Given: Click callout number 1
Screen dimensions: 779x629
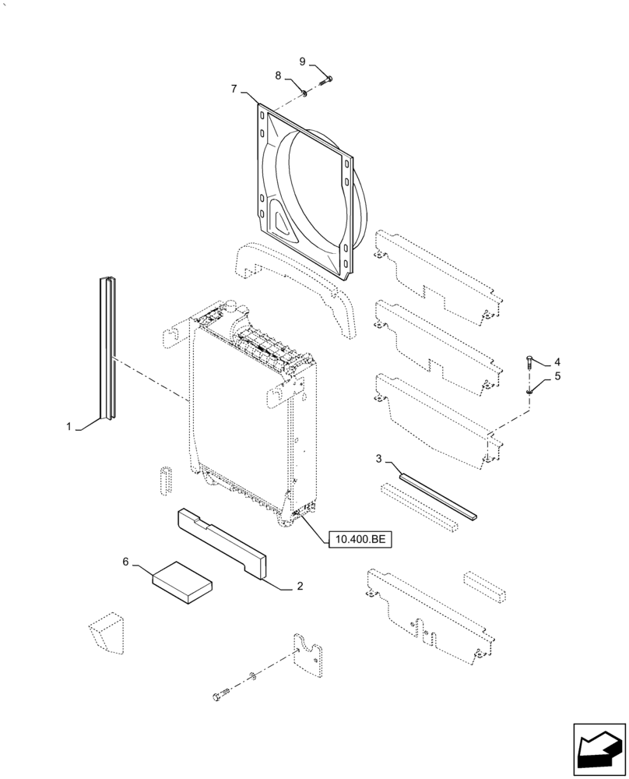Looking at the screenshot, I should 69,427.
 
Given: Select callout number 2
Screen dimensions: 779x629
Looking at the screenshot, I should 300,587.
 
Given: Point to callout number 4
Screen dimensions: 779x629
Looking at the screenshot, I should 557,363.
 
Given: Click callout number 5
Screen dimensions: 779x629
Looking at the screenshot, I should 557,377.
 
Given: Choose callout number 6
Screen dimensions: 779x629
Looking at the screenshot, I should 125,561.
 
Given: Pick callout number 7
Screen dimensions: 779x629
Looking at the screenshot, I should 234,89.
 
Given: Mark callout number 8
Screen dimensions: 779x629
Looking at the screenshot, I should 278,75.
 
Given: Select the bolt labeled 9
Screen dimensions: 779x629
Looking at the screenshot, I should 326,79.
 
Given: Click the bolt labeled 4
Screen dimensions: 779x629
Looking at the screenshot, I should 530,362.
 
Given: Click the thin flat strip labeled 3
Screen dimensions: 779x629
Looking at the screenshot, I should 437,491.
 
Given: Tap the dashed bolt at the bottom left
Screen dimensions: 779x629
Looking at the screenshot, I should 220,693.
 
